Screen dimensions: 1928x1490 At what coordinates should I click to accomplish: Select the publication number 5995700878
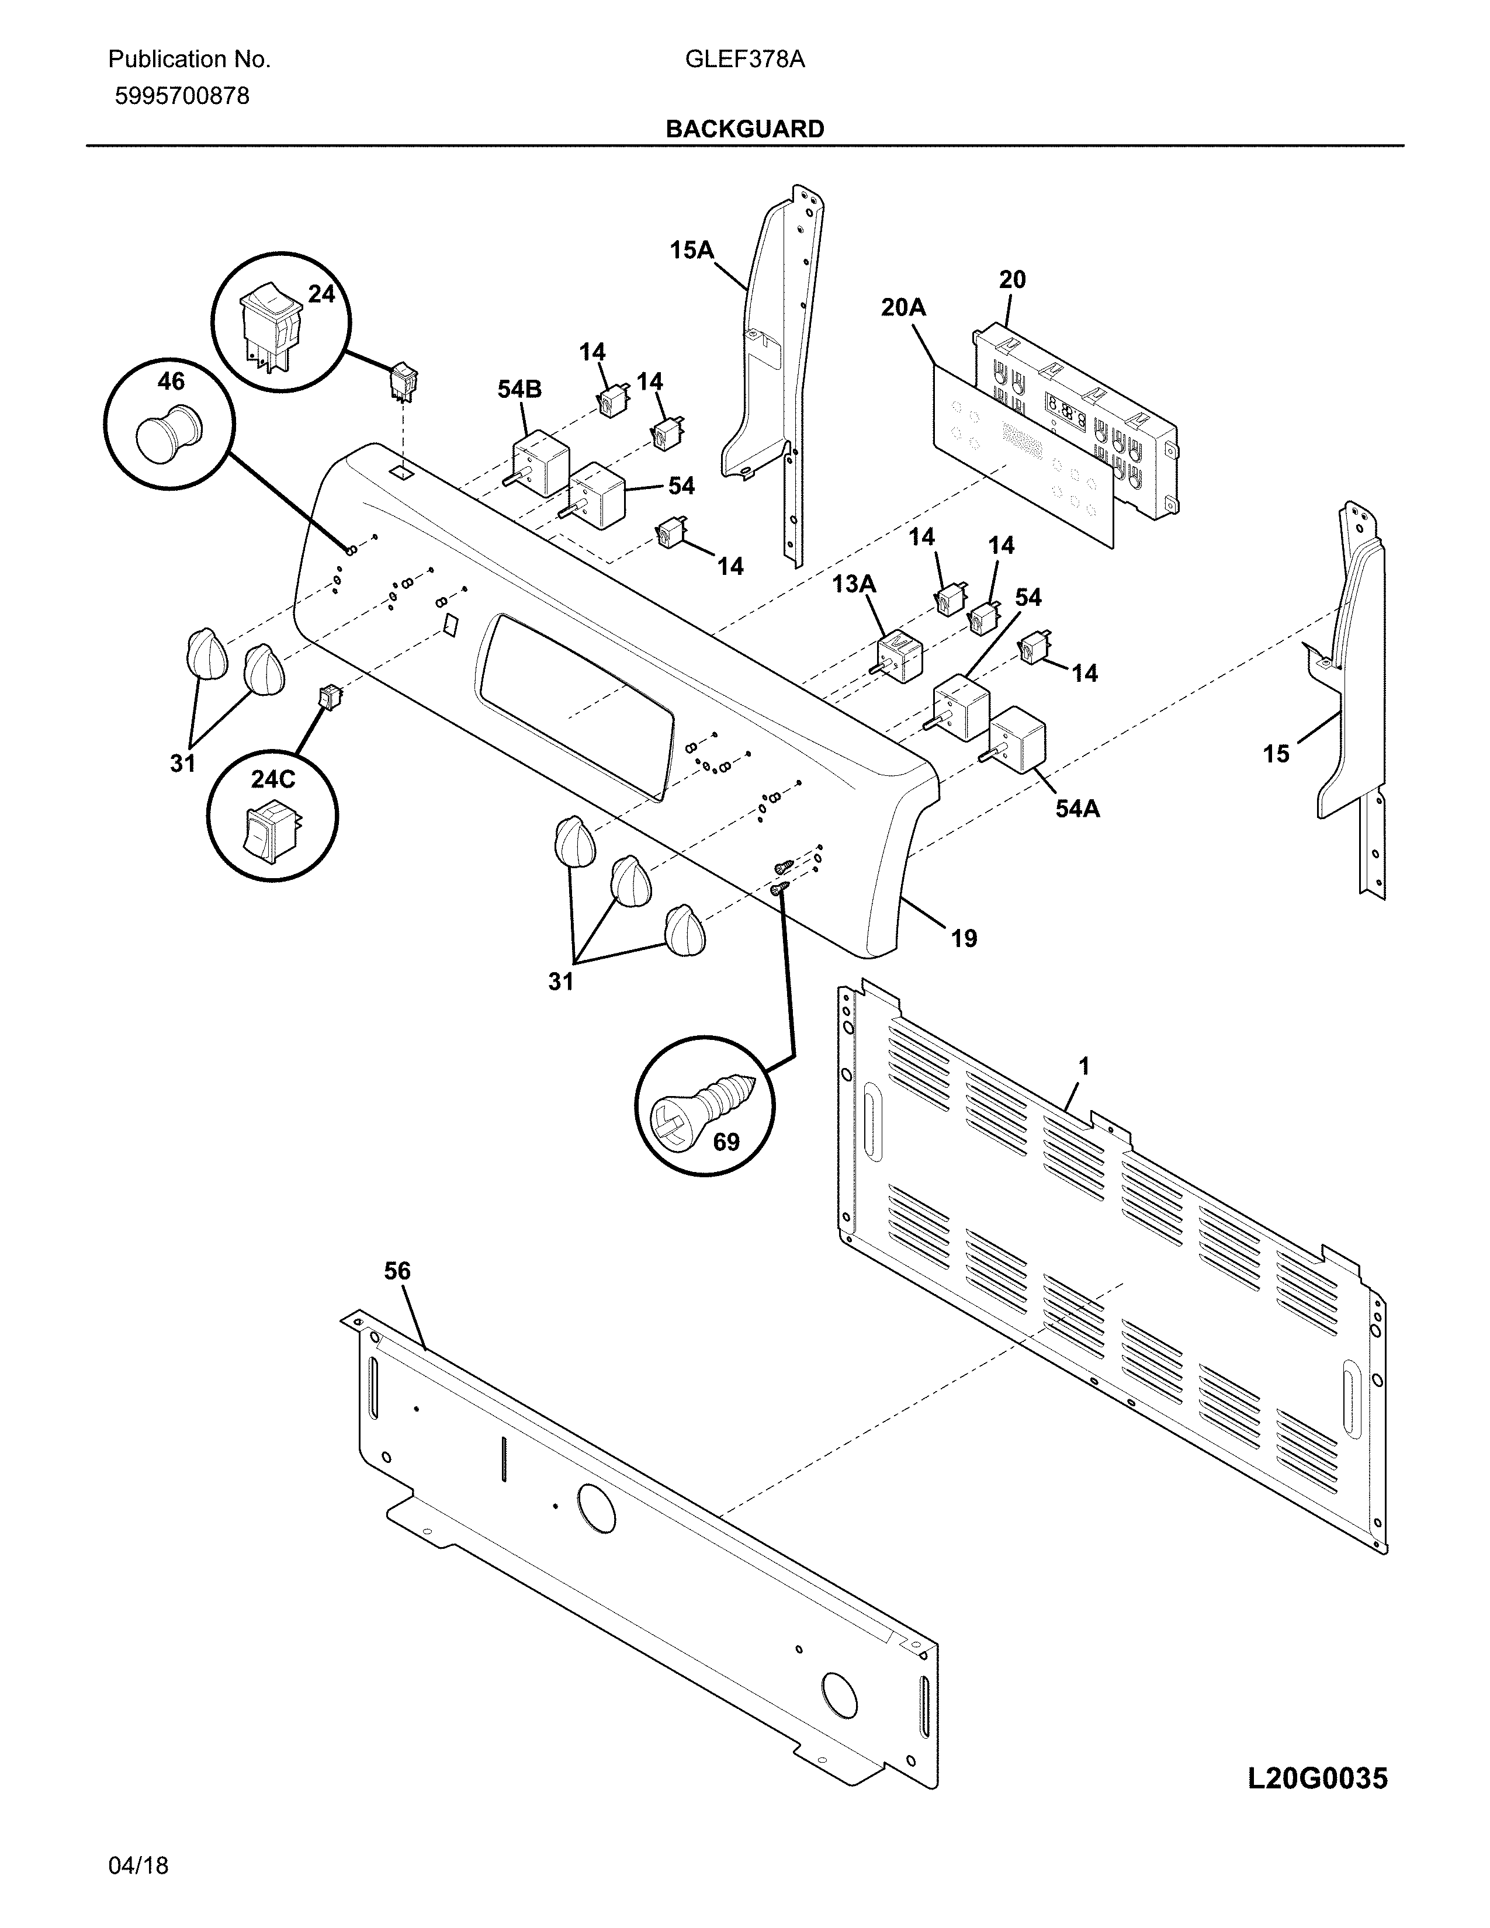click(182, 96)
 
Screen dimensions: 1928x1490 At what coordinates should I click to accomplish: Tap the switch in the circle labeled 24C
click(266, 830)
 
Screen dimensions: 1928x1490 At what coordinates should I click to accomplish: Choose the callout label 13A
click(854, 584)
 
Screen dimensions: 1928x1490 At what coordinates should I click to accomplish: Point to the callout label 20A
click(902, 307)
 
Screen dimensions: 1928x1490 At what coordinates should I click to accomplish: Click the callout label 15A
click(691, 250)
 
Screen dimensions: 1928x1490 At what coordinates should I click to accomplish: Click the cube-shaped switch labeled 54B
click(540, 463)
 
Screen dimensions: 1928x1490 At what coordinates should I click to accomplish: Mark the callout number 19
click(964, 938)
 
